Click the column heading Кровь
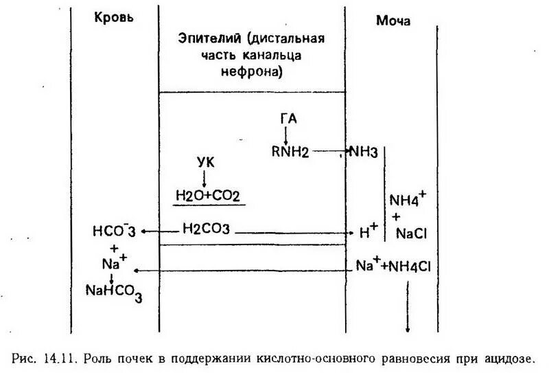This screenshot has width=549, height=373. click(114, 17)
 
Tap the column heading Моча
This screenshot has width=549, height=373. click(393, 21)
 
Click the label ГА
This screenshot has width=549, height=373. click(288, 119)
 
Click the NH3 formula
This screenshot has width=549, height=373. click(363, 151)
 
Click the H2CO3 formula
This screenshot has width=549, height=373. click(207, 228)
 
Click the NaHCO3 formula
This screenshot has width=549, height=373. click(114, 292)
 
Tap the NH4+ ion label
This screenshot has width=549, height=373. click(407, 199)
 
